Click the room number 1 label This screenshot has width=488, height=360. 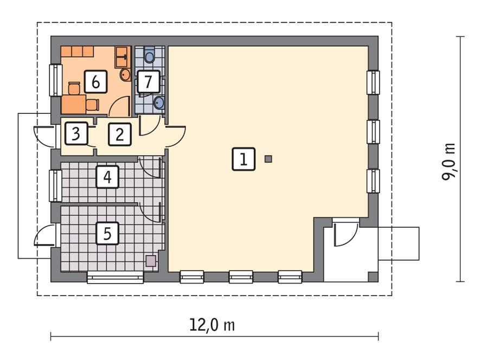[244, 159]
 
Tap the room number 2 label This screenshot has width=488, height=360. [120, 134]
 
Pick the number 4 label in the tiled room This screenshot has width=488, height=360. [108, 177]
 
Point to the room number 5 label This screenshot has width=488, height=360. [107, 234]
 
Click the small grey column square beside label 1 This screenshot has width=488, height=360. [268, 159]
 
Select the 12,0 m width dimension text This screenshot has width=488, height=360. [212, 325]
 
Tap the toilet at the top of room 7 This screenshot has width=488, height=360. [150, 55]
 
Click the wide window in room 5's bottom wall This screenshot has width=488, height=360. [115, 278]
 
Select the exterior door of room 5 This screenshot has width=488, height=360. [44, 235]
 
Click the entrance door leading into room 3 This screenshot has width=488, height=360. [45, 136]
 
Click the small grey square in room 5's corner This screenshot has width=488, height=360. [151, 261]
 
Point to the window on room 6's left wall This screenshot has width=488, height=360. [55, 80]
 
